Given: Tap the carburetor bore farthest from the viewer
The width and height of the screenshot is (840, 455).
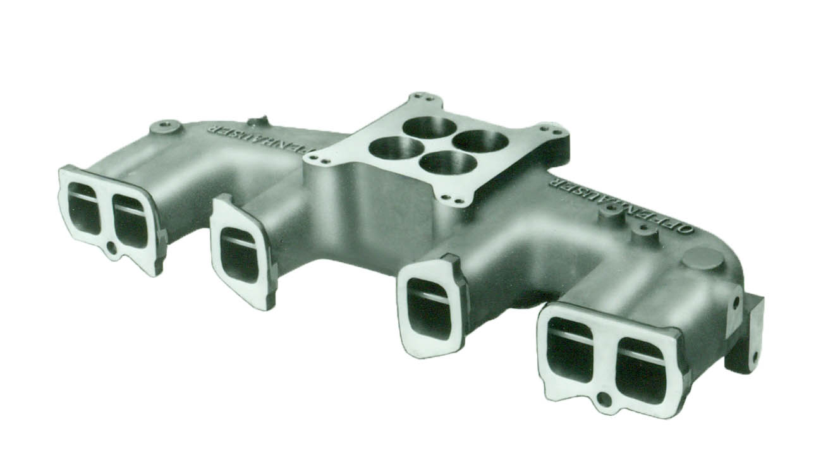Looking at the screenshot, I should (429, 127).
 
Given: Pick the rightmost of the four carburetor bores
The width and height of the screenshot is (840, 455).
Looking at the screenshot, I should (480, 141).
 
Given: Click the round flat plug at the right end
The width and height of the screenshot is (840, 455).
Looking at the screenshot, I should (702, 258).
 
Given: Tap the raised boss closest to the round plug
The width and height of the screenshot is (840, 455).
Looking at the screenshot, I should (644, 235).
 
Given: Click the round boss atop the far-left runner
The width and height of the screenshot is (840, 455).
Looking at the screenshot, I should (166, 126).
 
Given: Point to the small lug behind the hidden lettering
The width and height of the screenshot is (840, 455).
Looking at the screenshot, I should (257, 121).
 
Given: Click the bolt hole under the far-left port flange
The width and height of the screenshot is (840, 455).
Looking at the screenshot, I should (112, 248).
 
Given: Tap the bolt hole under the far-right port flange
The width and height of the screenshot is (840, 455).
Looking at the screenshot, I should (604, 399).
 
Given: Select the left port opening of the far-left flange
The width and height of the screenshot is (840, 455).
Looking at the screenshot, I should (84, 208).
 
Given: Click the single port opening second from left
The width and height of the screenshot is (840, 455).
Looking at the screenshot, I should (239, 253).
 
